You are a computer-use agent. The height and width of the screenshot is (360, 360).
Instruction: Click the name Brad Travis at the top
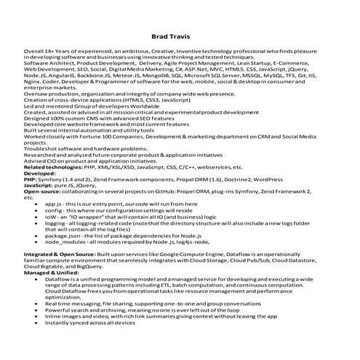[x=180, y=35]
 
